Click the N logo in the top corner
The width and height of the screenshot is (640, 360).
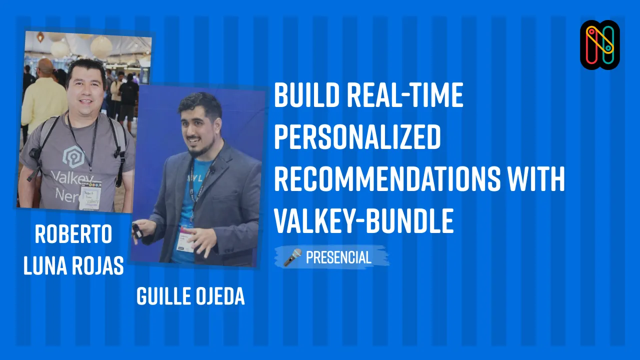(x=600, y=44)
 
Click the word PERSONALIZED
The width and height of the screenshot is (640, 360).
(x=357, y=138)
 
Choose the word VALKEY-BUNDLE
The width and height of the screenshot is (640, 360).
(x=363, y=220)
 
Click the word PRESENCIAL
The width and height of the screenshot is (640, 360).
(x=338, y=257)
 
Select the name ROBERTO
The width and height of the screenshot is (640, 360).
(x=73, y=235)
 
